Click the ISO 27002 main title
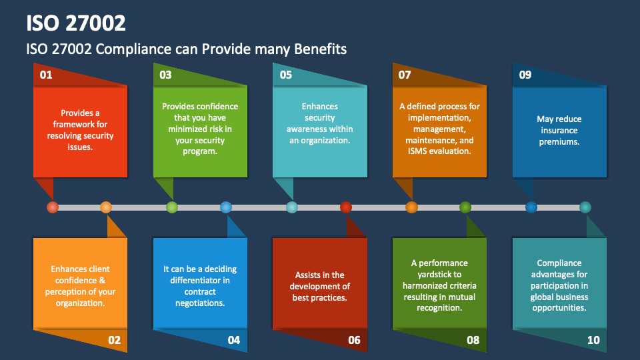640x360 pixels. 76,23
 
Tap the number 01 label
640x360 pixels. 46,75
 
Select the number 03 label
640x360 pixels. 165,75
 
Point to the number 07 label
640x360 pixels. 405,75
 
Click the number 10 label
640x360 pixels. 593,340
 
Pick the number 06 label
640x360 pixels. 354,340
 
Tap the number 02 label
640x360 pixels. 114,340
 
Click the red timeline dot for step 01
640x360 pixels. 53,207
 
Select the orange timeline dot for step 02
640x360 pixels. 106,207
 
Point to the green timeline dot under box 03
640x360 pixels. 172,207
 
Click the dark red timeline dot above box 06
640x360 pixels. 345,207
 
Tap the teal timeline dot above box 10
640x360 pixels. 585,207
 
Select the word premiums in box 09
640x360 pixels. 559,142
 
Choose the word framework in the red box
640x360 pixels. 80,124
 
